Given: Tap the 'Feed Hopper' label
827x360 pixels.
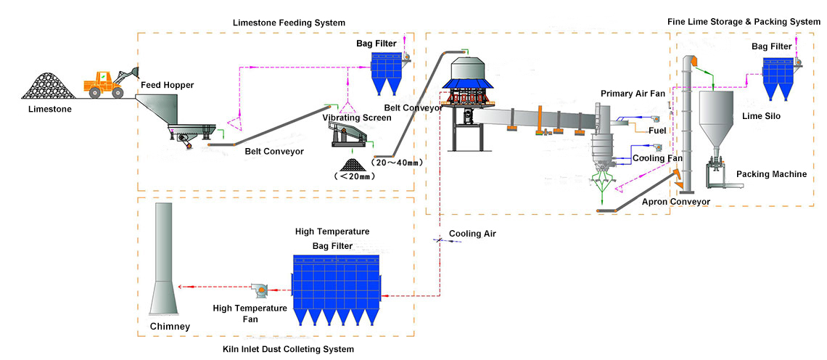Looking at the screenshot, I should [168, 85].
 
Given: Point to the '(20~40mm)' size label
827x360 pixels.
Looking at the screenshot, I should [397, 163].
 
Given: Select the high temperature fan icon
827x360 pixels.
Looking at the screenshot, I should [259, 290].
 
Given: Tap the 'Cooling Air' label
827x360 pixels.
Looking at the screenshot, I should [472, 234].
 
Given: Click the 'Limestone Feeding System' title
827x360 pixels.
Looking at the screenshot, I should [279, 23].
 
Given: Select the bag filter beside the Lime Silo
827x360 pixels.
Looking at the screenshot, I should [780, 78].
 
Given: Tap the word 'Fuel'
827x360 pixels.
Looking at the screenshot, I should [657, 131].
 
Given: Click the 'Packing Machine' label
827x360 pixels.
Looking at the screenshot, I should [771, 174].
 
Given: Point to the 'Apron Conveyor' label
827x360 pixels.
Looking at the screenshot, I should [675, 202].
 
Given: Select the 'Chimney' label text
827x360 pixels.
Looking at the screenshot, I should [170, 327].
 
